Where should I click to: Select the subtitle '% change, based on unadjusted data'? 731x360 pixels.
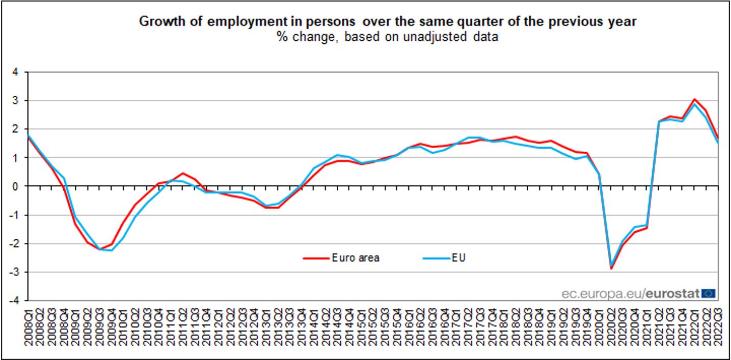coord(388,37)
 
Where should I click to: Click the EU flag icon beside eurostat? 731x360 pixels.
coord(709,293)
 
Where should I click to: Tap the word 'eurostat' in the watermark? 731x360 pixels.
coord(674,293)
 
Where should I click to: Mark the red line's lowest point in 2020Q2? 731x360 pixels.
coord(610,268)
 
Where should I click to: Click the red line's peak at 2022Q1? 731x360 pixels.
coord(694,99)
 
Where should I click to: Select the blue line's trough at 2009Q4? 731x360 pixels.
coord(111,250)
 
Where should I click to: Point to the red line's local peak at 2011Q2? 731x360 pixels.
coord(183,173)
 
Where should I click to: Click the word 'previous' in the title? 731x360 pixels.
coord(573,22)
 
